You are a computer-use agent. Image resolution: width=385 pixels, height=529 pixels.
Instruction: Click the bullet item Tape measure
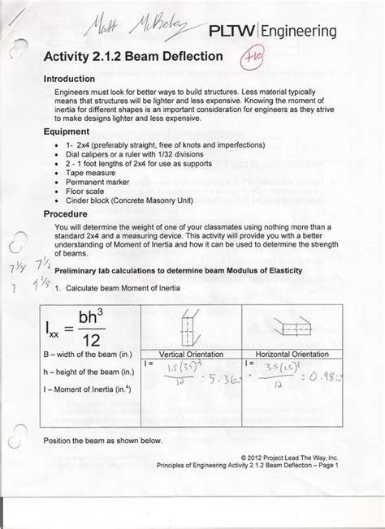tap(99, 173)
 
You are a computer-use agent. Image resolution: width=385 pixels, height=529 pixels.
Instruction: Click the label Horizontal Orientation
tap(292, 355)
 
